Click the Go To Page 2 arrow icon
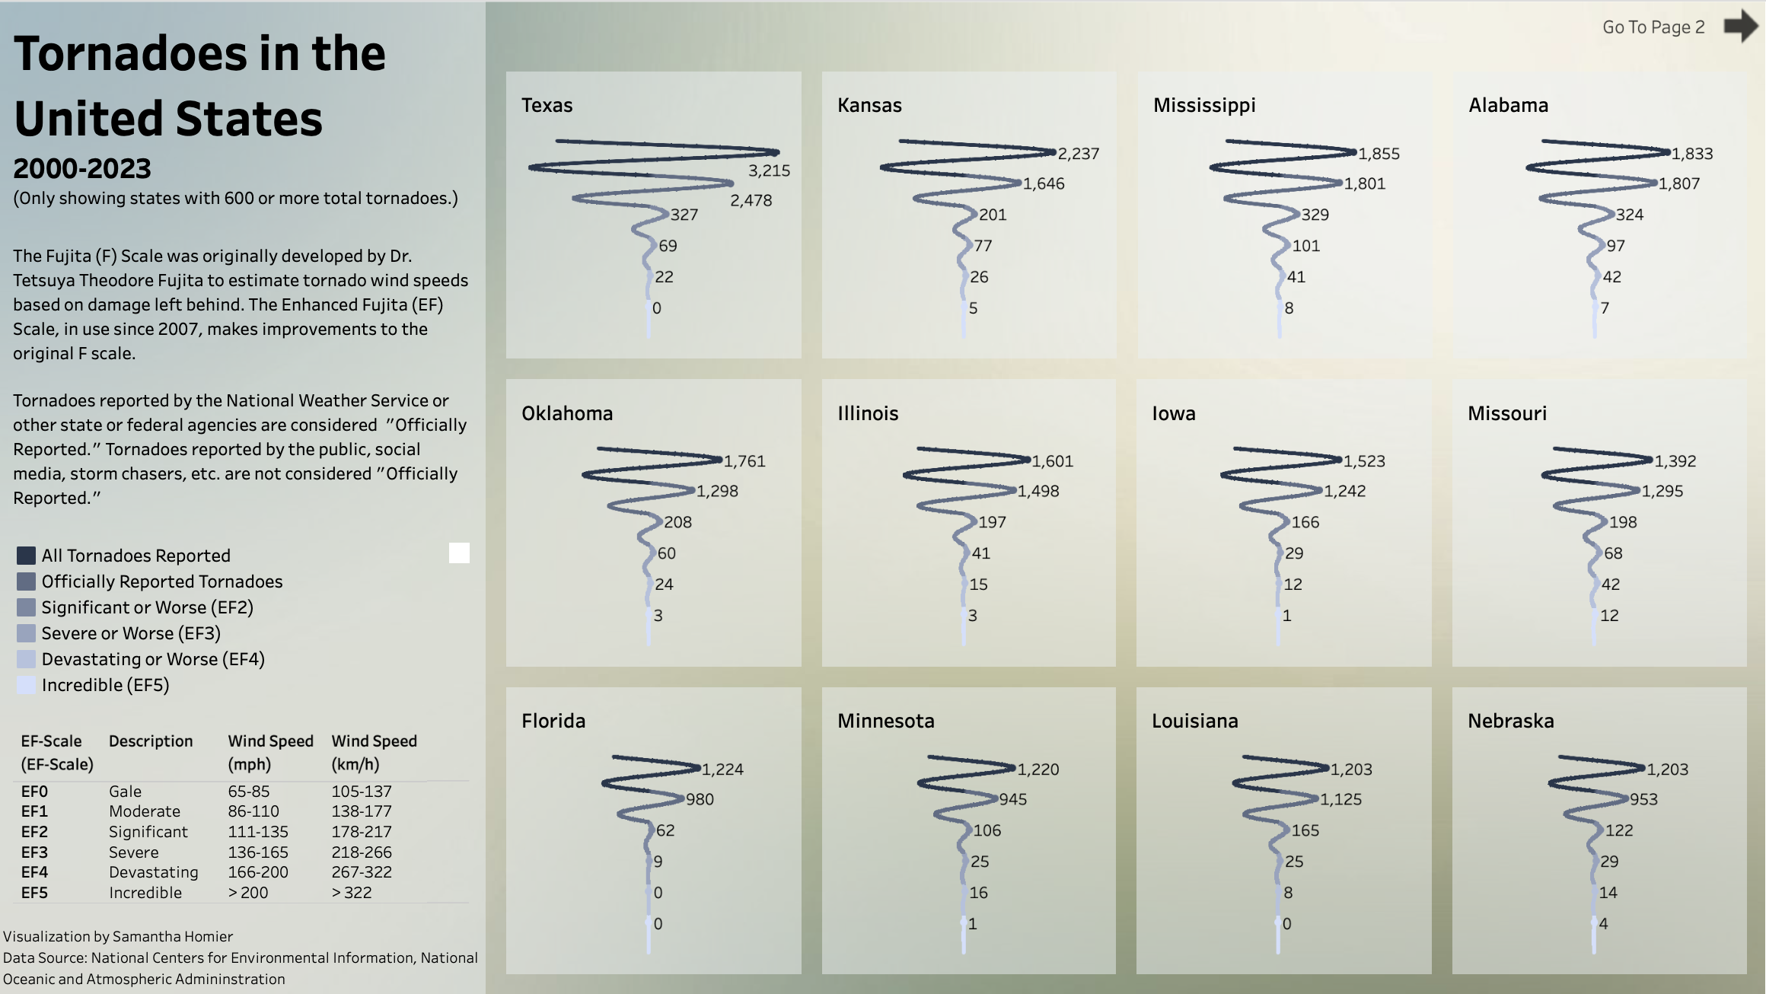[1741, 27]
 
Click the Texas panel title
[547, 105]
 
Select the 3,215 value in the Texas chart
[769, 170]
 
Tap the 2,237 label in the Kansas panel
[1079, 154]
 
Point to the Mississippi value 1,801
[1365, 183]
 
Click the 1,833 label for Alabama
[1692, 154]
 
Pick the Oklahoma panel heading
[567, 413]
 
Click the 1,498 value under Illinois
[1038, 491]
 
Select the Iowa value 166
[1305, 522]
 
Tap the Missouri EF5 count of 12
[1609, 615]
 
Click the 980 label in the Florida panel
[700, 799]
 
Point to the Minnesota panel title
[886, 721]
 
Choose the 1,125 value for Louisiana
[1341, 799]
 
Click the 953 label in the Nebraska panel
[1643, 799]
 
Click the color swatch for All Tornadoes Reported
[26, 556]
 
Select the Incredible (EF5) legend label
[105, 685]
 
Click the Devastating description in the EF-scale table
[153, 872]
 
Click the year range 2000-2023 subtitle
[82, 168]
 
